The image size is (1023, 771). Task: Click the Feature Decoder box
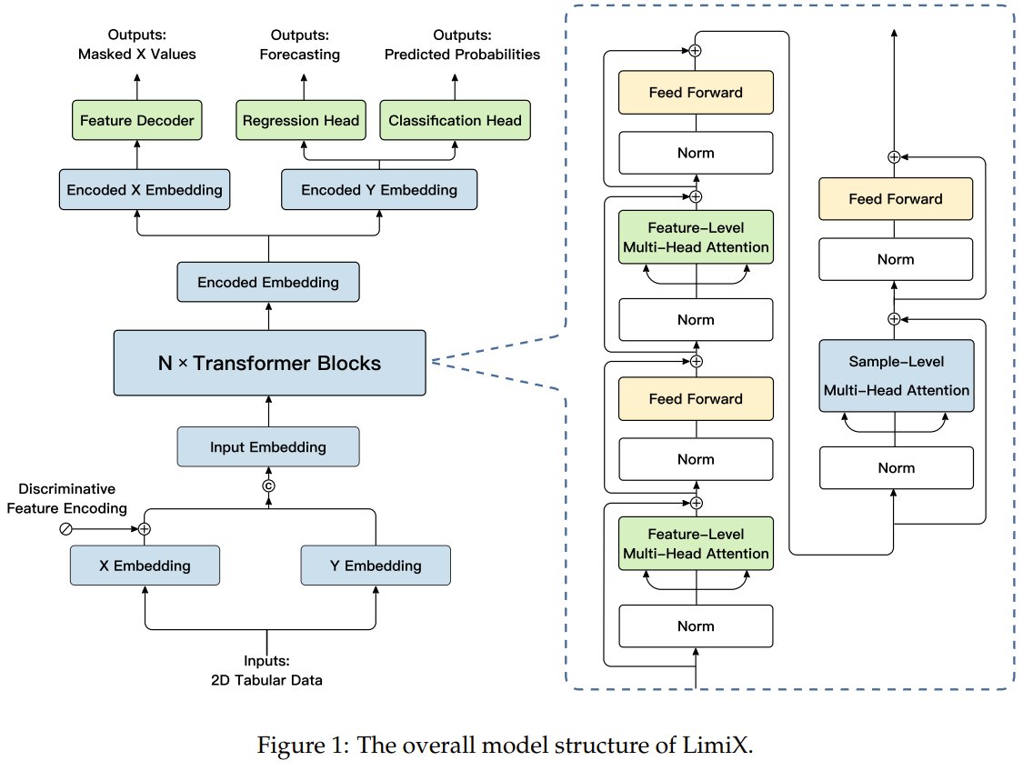pyautogui.click(x=137, y=120)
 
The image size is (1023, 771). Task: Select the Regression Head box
pyautogui.click(x=302, y=120)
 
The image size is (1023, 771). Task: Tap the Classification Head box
pyautogui.click(x=455, y=120)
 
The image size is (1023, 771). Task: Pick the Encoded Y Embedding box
pyautogui.click(x=379, y=190)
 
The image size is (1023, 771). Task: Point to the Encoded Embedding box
pyautogui.click(x=268, y=282)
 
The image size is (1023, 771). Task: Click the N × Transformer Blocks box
pyautogui.click(x=268, y=363)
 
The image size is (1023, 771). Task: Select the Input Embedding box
pyautogui.click(x=268, y=447)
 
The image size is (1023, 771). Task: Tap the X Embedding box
pyautogui.click(x=145, y=566)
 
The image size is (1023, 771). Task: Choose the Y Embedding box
pyautogui.click(x=375, y=566)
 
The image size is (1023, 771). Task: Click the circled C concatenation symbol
pyautogui.click(x=268, y=486)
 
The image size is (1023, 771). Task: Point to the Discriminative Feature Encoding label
pyautogui.click(x=66, y=500)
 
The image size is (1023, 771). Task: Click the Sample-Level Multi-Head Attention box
pyautogui.click(x=896, y=375)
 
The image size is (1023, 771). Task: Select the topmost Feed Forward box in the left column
pyautogui.click(x=696, y=93)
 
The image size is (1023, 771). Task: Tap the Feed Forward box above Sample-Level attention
pyautogui.click(x=896, y=199)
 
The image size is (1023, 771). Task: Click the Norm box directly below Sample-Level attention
pyautogui.click(x=896, y=467)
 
